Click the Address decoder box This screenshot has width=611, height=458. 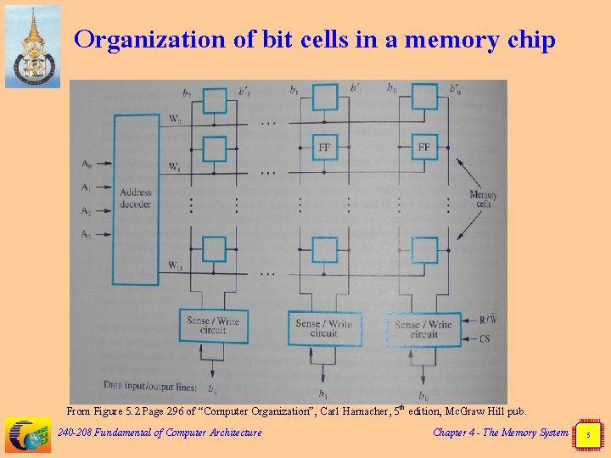click(x=135, y=198)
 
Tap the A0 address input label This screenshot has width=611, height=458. click(x=86, y=164)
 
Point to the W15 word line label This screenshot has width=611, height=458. click(x=174, y=266)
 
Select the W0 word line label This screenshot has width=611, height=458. click(x=173, y=120)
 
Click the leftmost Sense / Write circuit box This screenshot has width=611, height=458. click(x=213, y=326)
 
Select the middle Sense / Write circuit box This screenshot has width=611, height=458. click(x=323, y=327)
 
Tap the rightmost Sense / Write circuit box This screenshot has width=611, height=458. click(x=423, y=328)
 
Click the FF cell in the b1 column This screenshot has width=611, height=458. click(x=324, y=148)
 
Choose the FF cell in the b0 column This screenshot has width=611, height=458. click(x=423, y=148)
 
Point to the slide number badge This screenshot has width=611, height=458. click(x=589, y=434)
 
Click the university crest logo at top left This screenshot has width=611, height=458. click(x=32, y=46)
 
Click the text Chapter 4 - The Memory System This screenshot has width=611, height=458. click(x=501, y=433)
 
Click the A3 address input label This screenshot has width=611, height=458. click(x=86, y=233)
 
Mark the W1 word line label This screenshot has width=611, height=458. click(x=174, y=165)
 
